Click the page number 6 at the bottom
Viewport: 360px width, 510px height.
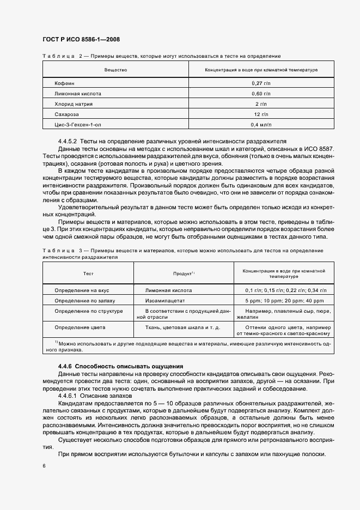pyautogui.click(x=44, y=466)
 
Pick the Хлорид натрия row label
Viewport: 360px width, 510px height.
pyautogui.click(x=74, y=104)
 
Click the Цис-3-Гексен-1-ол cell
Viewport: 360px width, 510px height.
pyautogui.click(x=77, y=124)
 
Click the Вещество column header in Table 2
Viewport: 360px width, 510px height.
pyautogui.click(x=115, y=70)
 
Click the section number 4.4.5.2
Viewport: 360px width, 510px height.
pyautogui.click(x=68, y=141)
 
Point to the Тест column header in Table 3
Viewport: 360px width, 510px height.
pyautogui.click(x=88, y=274)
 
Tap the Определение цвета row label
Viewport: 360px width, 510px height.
pyautogui.click(x=80, y=327)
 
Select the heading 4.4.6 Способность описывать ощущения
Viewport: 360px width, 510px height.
pyautogui.click(x=120, y=366)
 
